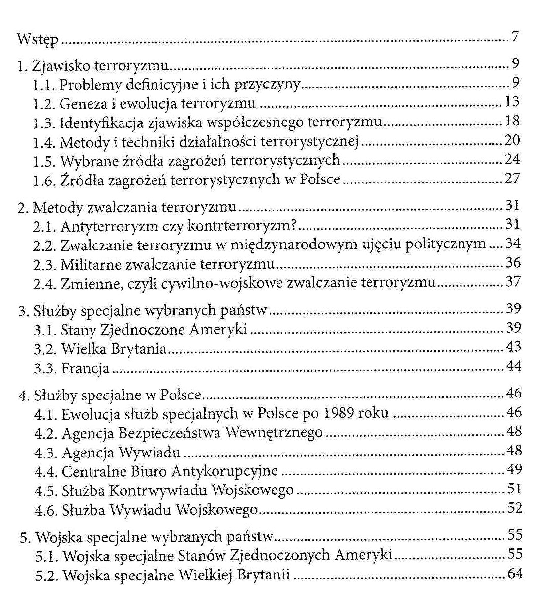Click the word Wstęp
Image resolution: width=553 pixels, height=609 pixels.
pos(37,40)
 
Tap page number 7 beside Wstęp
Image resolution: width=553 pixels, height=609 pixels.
pos(515,37)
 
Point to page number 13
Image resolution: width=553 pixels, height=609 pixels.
pos(512,102)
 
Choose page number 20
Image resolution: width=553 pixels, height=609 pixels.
pos(512,140)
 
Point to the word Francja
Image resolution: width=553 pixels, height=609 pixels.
pos(85,368)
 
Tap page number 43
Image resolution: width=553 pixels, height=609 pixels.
pos(513,347)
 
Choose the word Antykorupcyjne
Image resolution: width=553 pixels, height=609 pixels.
pos(225,472)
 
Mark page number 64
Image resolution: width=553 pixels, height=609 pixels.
pos(515,574)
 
